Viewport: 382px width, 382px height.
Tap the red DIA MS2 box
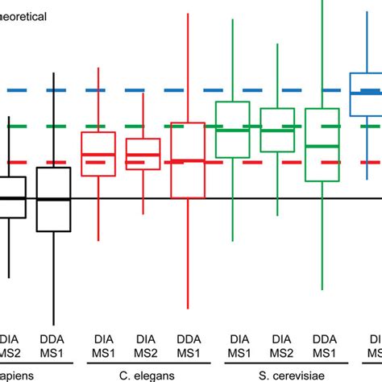tap(143, 155)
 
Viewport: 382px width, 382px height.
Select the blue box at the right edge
tap(367, 95)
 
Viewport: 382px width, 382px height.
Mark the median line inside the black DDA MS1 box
tap(54, 199)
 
